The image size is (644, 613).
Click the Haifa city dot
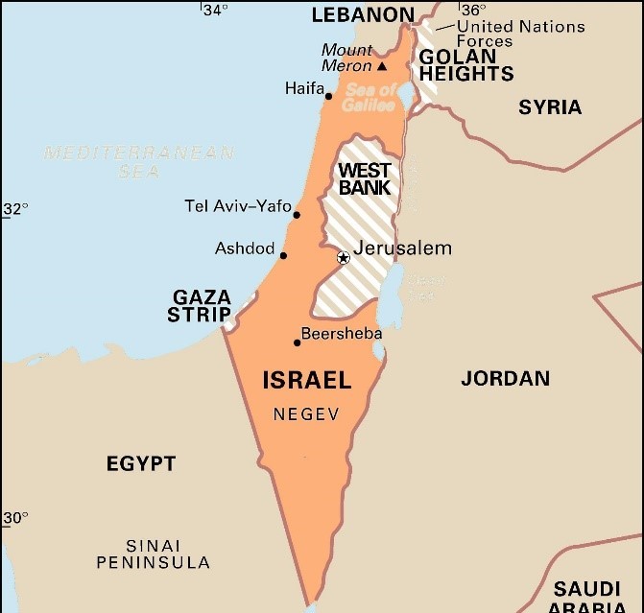click(328, 96)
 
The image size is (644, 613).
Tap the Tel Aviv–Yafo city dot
click(297, 215)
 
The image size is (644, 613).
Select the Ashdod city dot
click(283, 255)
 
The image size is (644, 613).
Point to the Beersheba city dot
click(297, 342)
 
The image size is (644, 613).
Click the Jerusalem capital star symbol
click(343, 257)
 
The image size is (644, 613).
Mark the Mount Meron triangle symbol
click(382, 66)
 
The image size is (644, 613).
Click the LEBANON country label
click(363, 15)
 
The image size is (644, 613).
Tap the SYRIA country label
click(550, 107)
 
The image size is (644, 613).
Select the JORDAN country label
click(505, 378)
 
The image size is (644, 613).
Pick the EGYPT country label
click(141, 464)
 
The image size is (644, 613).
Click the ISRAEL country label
click(307, 381)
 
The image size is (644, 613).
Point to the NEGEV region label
click(306, 415)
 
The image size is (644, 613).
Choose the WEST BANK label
click(365, 179)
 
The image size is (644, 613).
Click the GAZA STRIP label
click(201, 306)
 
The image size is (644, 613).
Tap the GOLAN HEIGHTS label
click(466, 65)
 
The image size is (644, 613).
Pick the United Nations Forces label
click(519, 34)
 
